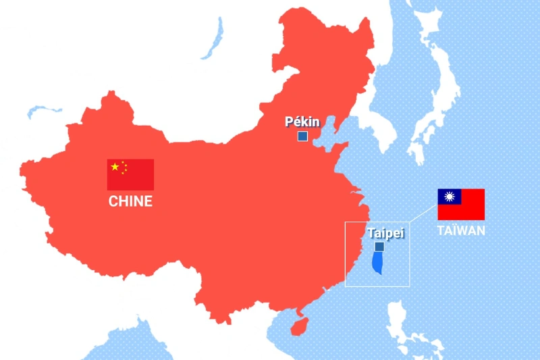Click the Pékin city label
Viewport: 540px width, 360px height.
[302, 122]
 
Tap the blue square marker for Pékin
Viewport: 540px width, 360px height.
[302, 136]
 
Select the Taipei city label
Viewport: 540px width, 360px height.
[385, 233]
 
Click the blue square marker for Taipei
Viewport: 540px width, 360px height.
[379, 247]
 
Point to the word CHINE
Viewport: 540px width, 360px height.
[130, 201]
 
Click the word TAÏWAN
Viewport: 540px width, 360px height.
[460, 230]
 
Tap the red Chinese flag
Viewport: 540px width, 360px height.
[130, 174]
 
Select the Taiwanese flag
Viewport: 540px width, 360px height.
[461, 204]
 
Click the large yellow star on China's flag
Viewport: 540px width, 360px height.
[115, 167]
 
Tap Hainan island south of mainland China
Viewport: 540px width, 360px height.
[298, 326]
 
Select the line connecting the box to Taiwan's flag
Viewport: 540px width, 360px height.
[423, 213]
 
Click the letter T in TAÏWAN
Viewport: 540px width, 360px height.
[440, 230]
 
